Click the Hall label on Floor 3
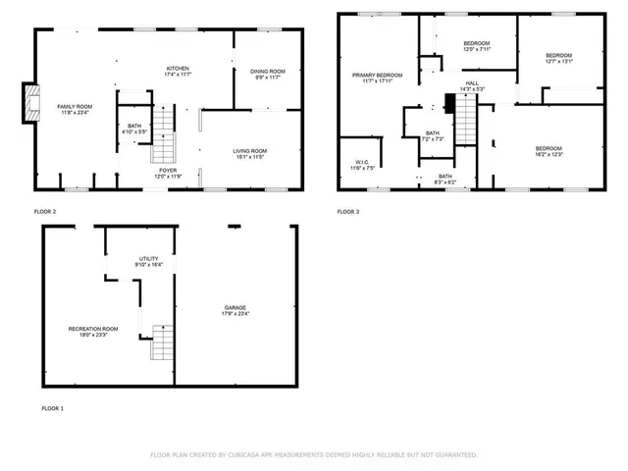tap(472, 85)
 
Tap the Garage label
tap(235, 311)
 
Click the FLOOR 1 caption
tap(52, 407)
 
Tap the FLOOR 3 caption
tap(348, 212)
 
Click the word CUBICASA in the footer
tap(241, 455)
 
